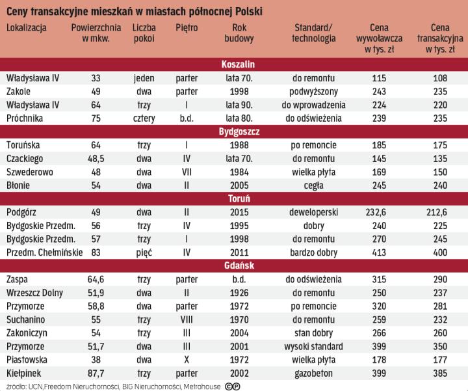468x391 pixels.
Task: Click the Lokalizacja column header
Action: (x=27, y=27)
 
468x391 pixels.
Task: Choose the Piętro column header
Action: (x=187, y=27)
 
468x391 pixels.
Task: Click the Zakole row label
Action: (x=19, y=91)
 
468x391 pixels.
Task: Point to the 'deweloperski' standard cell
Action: (x=314, y=212)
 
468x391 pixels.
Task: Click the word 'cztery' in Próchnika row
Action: (x=143, y=118)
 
